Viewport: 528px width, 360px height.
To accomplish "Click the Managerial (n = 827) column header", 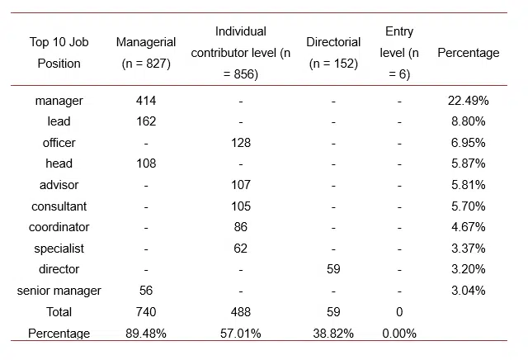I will tap(146, 53).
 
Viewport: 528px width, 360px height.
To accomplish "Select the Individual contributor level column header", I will tap(240, 53).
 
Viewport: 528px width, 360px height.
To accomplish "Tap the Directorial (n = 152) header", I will tap(333, 53).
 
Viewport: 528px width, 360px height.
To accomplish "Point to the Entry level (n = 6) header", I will tap(399, 53).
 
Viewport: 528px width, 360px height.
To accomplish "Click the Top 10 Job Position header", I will tap(59, 53).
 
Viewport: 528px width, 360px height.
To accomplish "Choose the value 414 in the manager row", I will tap(146, 101).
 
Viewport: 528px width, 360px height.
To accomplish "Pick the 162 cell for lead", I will tap(146, 121).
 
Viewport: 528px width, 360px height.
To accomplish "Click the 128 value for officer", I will tap(240, 143).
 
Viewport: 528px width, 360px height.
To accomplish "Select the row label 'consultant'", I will tap(59, 206).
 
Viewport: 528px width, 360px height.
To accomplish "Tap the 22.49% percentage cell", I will tap(468, 101).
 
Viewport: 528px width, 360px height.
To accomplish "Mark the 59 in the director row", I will tap(333, 269).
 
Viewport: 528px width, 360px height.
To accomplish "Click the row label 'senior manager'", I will tap(59, 291).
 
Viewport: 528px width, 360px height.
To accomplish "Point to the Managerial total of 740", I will tap(146, 312).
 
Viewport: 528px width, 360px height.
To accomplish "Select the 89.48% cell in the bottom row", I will tap(146, 334).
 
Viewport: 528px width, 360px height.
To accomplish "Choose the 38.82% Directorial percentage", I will tap(333, 334).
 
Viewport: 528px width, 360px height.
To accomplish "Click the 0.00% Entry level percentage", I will tap(399, 334).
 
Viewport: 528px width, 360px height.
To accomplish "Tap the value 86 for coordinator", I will tap(240, 227).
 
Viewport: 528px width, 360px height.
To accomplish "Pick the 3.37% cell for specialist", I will tap(468, 249).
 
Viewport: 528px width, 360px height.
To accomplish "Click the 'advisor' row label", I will tap(59, 185).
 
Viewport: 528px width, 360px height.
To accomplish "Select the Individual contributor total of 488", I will tap(240, 312).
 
